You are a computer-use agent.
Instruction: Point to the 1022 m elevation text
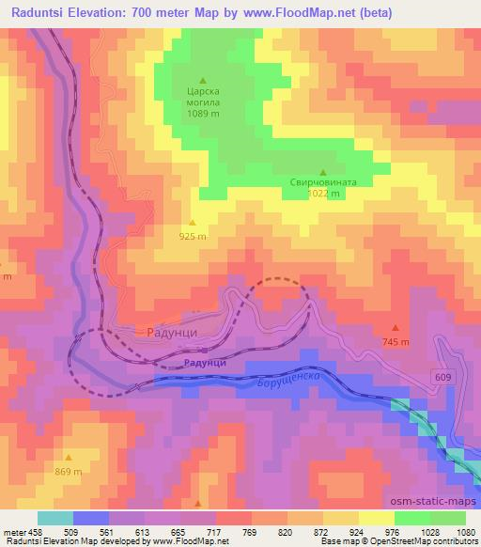[323, 195]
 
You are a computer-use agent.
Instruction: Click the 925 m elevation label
[193, 237]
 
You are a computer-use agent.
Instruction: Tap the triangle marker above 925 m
[193, 224]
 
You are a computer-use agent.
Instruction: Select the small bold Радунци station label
[205, 362]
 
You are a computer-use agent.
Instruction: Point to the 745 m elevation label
[396, 341]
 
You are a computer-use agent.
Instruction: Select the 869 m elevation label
[68, 471]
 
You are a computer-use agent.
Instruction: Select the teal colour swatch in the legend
[55, 517]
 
